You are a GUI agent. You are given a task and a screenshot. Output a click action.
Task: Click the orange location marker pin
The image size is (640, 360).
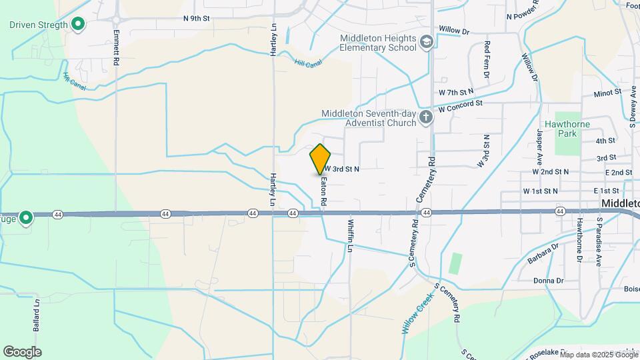point(321,159)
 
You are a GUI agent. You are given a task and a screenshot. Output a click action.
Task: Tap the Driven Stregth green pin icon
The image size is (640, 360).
point(79,25)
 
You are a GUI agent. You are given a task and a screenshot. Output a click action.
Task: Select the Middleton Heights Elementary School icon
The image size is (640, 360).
point(425,43)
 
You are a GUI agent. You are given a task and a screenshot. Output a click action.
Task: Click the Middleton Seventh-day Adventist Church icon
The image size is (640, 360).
point(426,118)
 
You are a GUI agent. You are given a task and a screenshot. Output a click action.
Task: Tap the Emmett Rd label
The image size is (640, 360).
point(116,46)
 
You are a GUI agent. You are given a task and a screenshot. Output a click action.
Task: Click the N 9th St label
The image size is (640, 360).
point(197,19)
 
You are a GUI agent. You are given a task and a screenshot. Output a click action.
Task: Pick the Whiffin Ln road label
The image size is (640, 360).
point(349,237)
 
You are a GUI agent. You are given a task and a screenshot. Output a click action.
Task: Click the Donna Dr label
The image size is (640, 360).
point(549,281)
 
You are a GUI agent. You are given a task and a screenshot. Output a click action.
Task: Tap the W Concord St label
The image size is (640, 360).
point(460,105)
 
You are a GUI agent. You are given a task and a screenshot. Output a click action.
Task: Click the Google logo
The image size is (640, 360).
point(22,351)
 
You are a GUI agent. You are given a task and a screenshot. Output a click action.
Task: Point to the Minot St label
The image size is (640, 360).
point(607,93)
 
